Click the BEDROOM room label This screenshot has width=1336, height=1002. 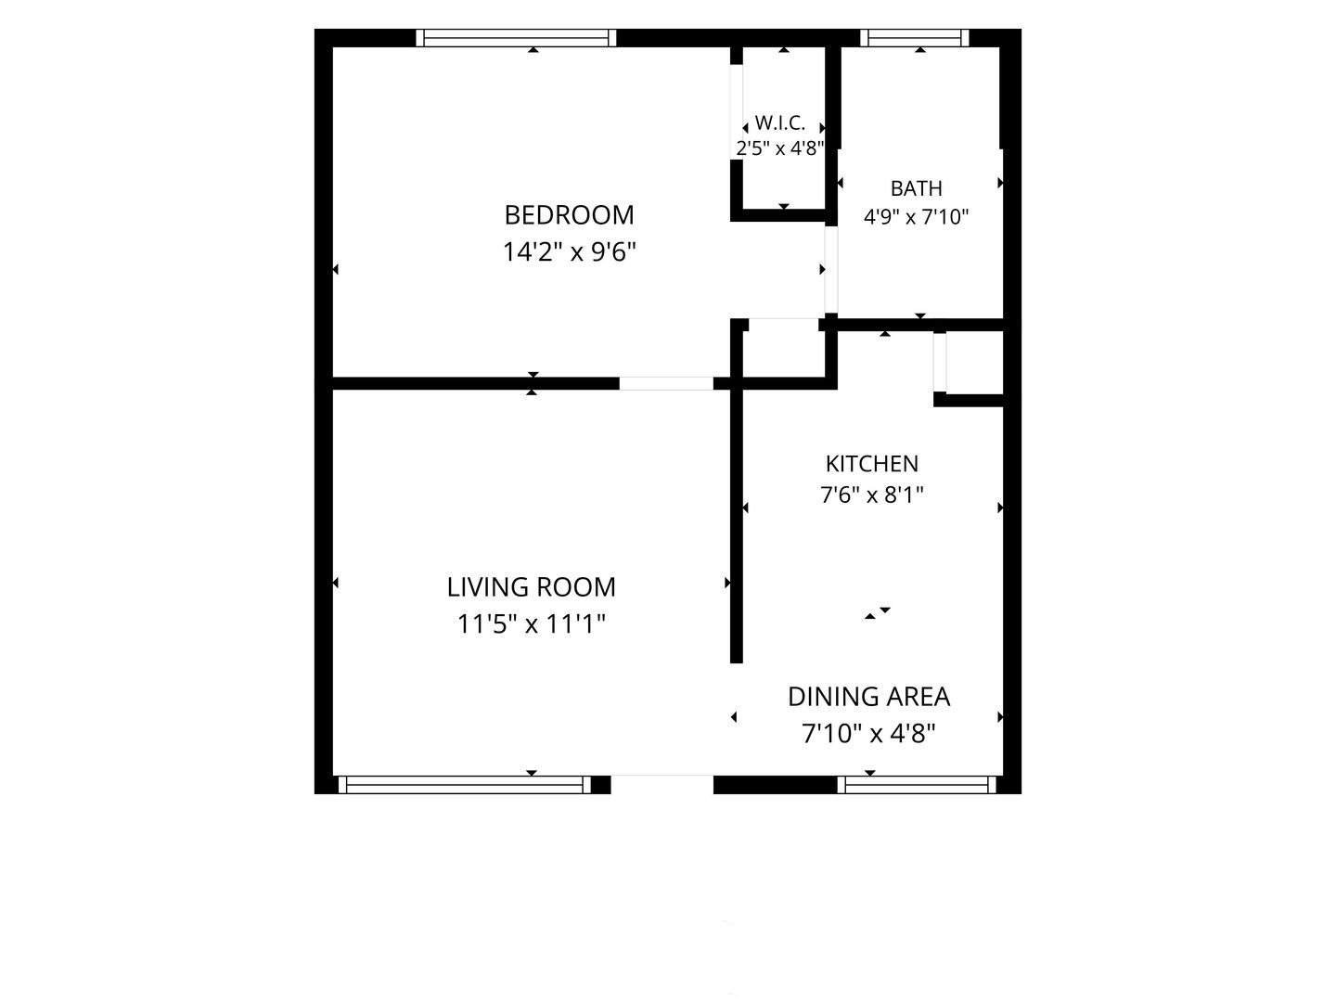(x=569, y=214)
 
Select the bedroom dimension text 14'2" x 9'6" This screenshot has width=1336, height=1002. (x=569, y=251)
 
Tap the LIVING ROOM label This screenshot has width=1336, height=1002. (x=532, y=587)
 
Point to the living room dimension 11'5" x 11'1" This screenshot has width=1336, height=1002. (x=532, y=623)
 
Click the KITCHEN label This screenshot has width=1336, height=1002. (x=871, y=464)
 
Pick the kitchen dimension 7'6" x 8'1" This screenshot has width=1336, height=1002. (x=871, y=495)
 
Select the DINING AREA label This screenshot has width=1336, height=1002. (x=868, y=697)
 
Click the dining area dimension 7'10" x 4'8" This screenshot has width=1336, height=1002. (x=868, y=733)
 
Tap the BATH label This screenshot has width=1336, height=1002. (x=916, y=188)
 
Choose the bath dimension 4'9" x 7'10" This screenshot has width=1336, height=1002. (x=916, y=216)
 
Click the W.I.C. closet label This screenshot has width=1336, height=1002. (x=779, y=122)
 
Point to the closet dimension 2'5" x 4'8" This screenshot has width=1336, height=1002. (x=779, y=148)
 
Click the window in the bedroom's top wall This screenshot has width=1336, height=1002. (x=516, y=38)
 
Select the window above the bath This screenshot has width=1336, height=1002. (x=914, y=38)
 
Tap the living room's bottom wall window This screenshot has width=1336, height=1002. (x=465, y=784)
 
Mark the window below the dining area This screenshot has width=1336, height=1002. (x=917, y=784)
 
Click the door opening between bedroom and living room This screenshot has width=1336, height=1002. (x=666, y=383)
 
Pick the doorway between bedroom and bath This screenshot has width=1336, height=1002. (x=831, y=269)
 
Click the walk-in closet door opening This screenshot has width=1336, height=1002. (x=737, y=112)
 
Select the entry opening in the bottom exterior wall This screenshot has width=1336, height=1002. (x=662, y=784)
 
